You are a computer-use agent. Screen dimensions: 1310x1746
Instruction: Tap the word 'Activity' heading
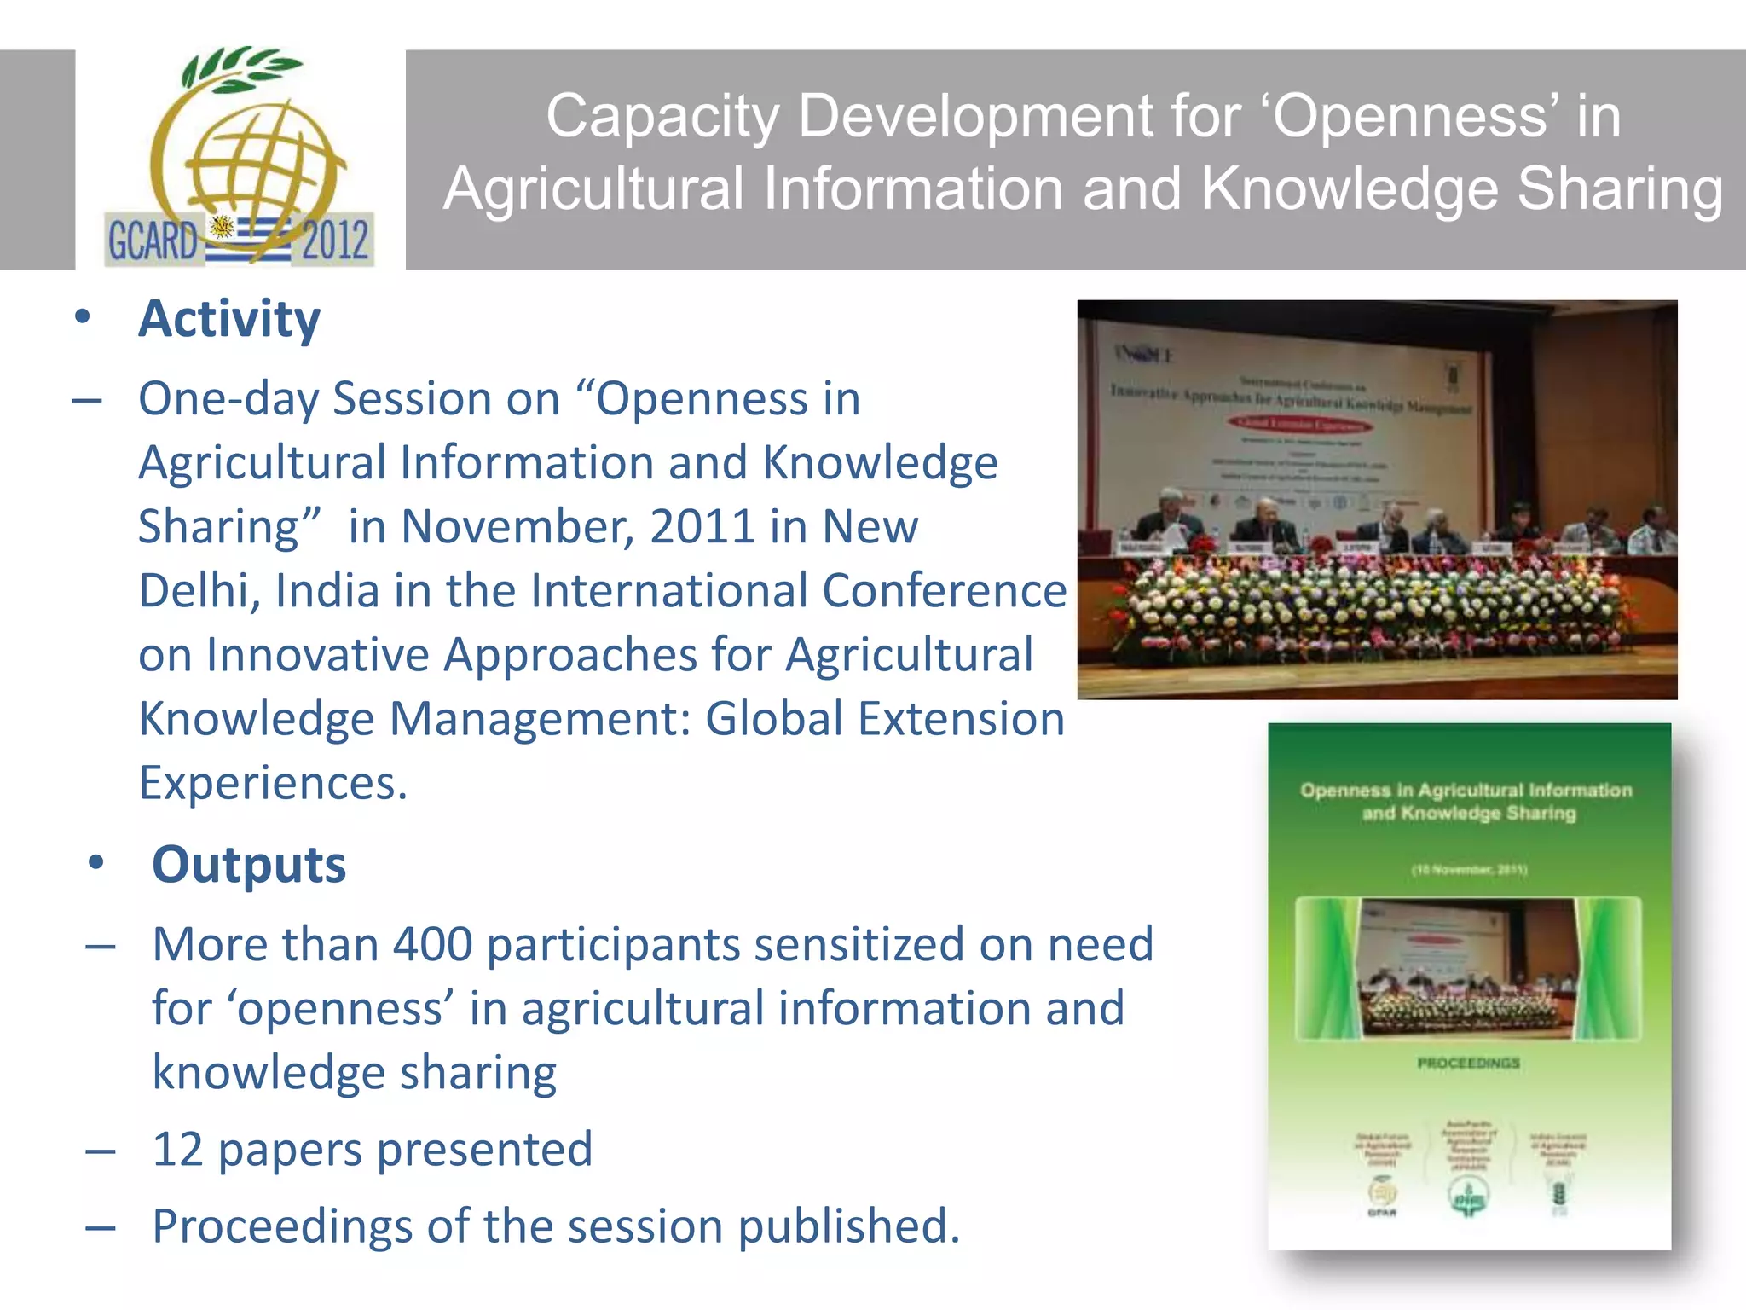(229, 319)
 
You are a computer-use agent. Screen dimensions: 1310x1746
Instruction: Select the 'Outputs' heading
(249, 865)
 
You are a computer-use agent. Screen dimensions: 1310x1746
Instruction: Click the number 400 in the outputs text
(432, 945)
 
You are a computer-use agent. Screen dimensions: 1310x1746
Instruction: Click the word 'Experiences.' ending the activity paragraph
(273, 783)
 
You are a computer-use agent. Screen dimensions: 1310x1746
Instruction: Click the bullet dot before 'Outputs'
(96, 863)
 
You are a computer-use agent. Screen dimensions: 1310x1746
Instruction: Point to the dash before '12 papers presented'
(101, 1151)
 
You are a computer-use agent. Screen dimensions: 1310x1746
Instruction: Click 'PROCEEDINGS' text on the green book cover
(1468, 1064)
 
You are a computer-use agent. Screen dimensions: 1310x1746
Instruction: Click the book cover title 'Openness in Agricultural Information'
(1466, 791)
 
